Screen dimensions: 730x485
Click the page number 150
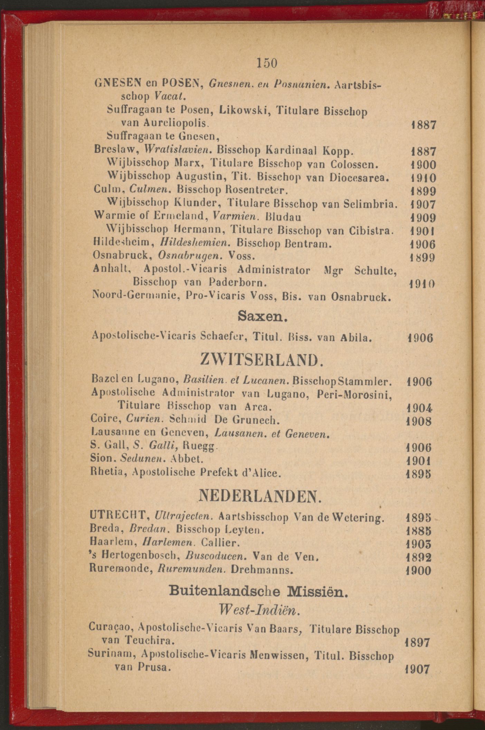(x=267, y=63)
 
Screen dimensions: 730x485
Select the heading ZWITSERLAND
(x=262, y=360)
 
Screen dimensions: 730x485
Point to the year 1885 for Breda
(x=419, y=530)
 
